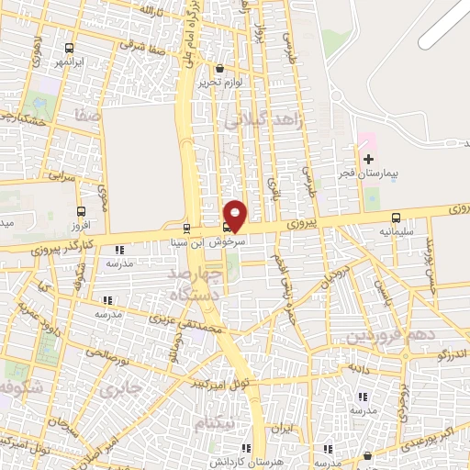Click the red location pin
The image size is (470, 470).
pos(236,216)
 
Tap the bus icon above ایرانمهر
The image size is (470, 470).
pos(70,48)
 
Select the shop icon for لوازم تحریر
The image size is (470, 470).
pos(218,68)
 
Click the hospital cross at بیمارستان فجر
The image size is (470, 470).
pos(368,159)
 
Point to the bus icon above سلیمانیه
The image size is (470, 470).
pos(396,218)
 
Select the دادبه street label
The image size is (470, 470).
pos(356,367)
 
